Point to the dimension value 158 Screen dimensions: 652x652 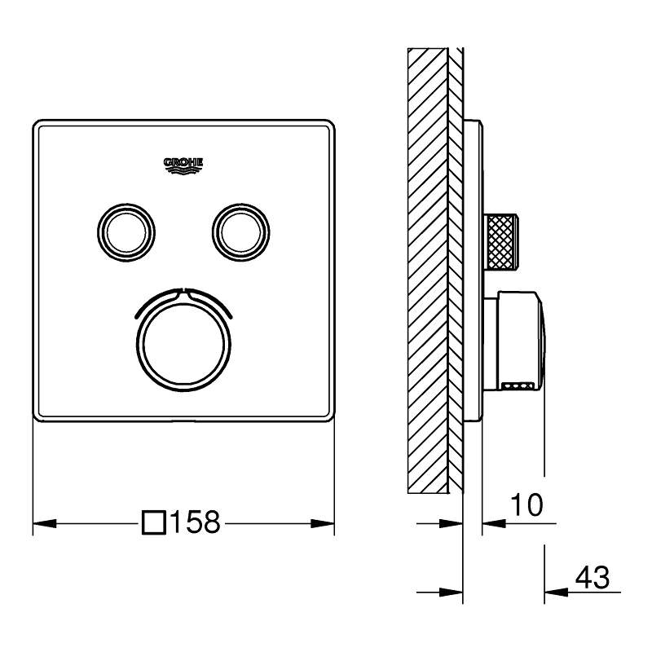194,522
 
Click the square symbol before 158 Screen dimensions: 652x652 152,522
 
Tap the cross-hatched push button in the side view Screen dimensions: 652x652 502,240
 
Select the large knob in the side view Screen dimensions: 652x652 518,338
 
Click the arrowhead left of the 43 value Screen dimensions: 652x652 554,591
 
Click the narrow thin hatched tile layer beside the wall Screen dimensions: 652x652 456,269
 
